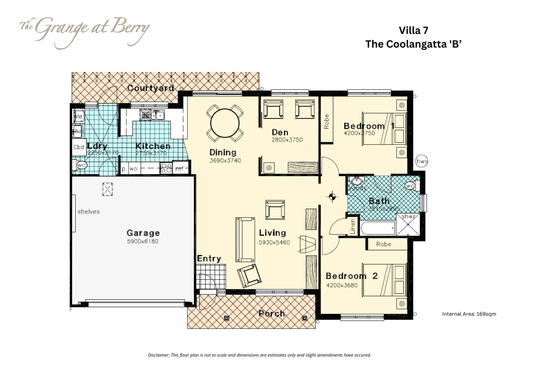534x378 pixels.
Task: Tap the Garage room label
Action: (x=143, y=233)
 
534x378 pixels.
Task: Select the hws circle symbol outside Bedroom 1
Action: (x=421, y=162)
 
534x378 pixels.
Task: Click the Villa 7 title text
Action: (x=413, y=30)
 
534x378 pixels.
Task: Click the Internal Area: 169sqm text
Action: (x=469, y=314)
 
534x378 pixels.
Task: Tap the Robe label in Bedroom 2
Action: (x=383, y=244)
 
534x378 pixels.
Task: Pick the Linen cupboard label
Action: (x=353, y=226)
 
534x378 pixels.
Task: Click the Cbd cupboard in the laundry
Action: (x=79, y=147)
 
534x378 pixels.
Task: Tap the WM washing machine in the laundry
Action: (x=78, y=116)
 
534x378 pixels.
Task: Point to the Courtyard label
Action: (x=151, y=88)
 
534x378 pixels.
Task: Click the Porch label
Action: (x=272, y=314)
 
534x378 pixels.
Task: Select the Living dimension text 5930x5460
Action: (x=274, y=242)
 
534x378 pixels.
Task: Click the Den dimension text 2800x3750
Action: (x=287, y=140)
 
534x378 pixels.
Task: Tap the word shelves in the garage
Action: (x=88, y=211)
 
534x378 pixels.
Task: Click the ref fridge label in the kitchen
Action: (x=179, y=169)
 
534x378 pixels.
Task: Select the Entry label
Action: (x=209, y=259)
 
